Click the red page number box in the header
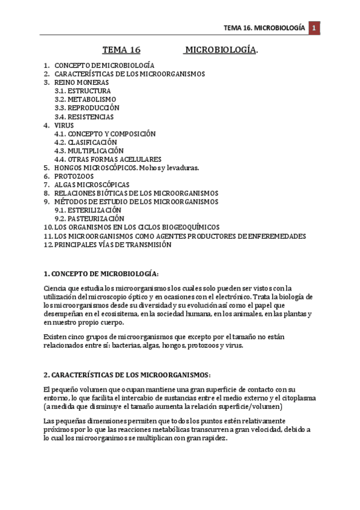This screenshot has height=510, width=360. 314,28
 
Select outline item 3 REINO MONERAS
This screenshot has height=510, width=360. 82,82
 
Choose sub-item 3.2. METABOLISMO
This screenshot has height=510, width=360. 85,99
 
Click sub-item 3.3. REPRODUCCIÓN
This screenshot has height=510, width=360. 87,108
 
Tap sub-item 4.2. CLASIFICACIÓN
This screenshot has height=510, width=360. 85,142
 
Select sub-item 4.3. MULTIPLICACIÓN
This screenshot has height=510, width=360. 88,150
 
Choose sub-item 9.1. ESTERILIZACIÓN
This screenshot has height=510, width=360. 88,210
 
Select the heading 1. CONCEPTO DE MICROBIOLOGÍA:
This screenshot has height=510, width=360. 101,274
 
